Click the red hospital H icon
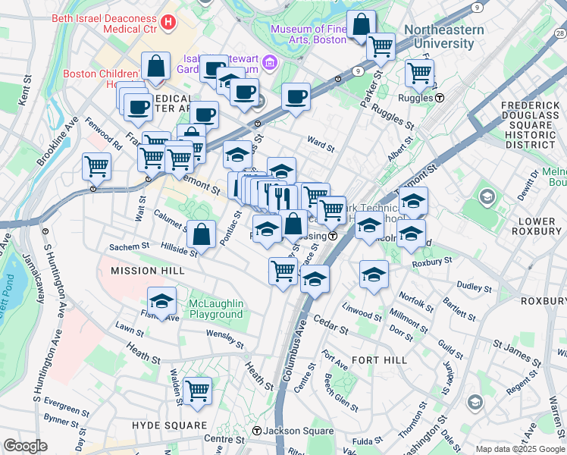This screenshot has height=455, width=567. [x=168, y=23]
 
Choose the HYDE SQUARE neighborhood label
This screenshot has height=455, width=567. [x=169, y=425]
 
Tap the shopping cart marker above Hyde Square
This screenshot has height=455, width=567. [x=197, y=391]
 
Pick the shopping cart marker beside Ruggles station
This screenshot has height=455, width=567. [x=419, y=73]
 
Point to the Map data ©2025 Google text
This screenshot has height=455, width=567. [x=519, y=449]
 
